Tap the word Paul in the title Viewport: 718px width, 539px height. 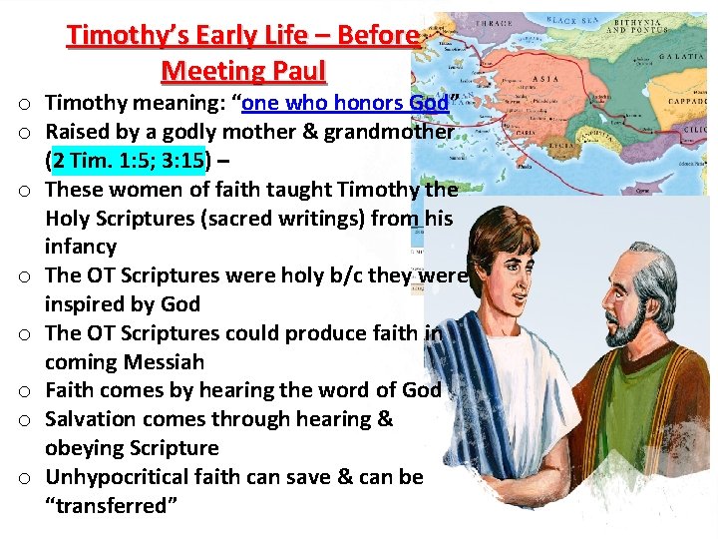[293, 71]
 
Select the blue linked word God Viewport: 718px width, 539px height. [428, 103]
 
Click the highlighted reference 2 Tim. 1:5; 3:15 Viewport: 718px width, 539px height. [129, 160]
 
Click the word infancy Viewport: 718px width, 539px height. [81, 247]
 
